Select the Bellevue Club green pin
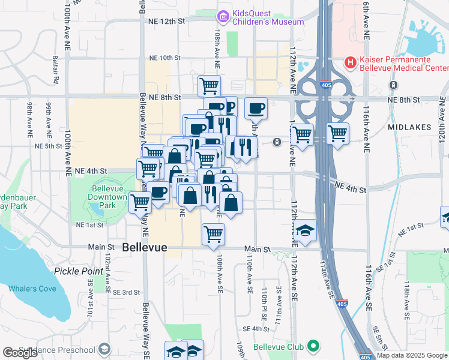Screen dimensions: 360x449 [312, 347]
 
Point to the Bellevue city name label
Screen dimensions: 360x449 [145, 247]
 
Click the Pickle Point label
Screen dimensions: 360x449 [79, 271]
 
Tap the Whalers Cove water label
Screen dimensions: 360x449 [32, 289]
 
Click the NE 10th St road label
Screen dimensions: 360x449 [164, 58]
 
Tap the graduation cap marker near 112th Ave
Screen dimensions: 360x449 [305, 230]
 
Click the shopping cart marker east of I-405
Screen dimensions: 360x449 [338, 133]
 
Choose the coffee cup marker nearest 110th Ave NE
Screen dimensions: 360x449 [256, 108]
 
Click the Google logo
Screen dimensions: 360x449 [20, 352]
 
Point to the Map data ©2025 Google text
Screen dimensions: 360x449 [411, 355]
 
